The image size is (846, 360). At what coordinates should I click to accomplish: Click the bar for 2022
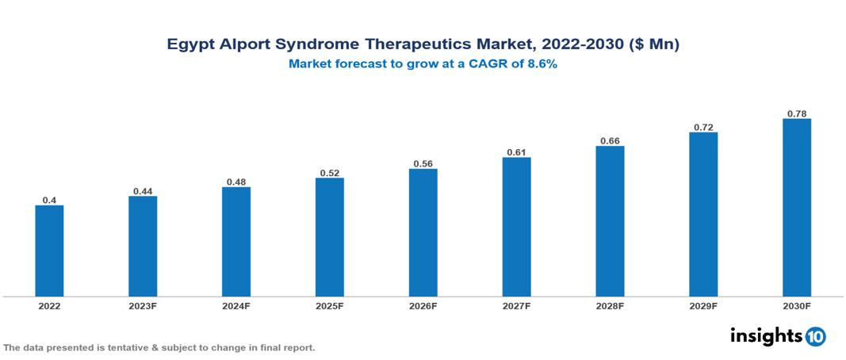click(49, 251)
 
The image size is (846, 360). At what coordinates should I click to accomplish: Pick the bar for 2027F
click(516, 227)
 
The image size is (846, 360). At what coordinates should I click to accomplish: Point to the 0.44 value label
click(143, 191)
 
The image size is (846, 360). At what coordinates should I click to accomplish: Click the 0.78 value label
click(797, 113)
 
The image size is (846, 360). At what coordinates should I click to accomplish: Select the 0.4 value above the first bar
click(49, 201)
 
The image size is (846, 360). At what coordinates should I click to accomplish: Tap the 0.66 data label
click(610, 141)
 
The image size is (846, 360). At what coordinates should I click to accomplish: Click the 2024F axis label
click(236, 305)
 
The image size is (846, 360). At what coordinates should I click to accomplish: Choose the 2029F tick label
click(703, 305)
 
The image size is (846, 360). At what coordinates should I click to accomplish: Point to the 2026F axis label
click(423, 305)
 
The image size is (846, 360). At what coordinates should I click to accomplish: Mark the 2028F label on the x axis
click(610, 305)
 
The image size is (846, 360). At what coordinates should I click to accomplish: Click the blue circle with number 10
click(815, 336)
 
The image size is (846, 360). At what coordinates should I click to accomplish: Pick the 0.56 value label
click(423, 164)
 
